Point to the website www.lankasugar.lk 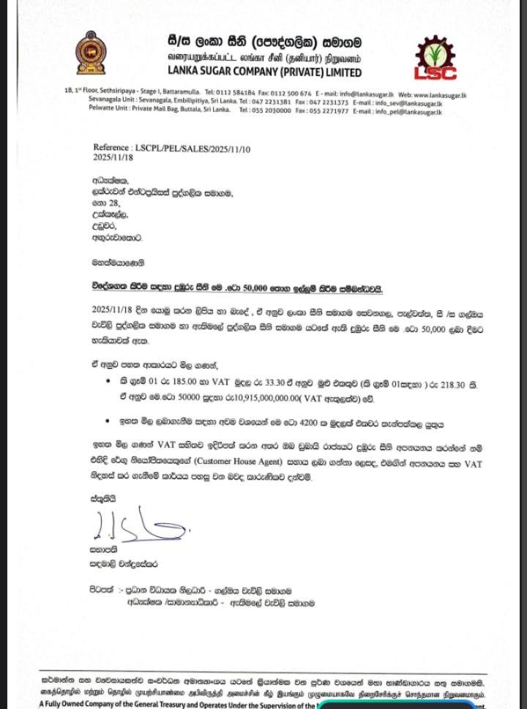click(x=438, y=94)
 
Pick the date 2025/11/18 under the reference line click(x=113, y=157)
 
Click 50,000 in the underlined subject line click(x=258, y=288)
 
